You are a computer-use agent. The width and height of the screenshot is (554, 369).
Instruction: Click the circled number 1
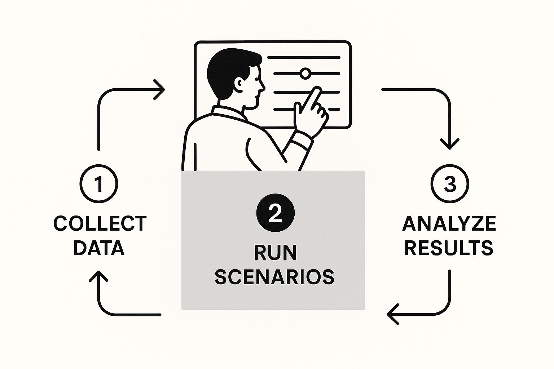point(98,184)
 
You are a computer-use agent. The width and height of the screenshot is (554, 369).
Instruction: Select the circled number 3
point(450,184)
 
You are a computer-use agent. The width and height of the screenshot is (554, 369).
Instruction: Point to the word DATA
point(99,248)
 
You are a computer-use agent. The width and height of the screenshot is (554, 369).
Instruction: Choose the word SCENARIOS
point(274,277)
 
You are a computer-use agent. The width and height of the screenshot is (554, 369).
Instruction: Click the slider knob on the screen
point(305,74)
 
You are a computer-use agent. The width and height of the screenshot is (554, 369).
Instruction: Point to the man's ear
point(239,84)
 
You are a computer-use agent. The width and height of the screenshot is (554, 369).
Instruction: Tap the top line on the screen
point(303,57)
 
